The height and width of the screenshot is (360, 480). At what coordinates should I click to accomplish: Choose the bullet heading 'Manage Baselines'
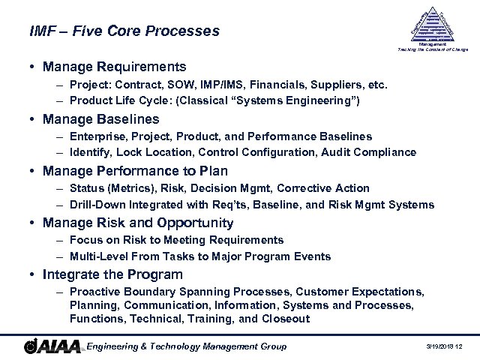pyautogui.click(x=101, y=119)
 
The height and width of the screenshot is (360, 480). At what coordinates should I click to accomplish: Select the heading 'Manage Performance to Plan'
pyautogui.click(x=128, y=172)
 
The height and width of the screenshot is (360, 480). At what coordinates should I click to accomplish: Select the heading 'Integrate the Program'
pyautogui.click(x=112, y=274)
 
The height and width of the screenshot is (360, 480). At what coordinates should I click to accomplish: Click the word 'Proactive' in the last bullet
pyautogui.click(x=94, y=292)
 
